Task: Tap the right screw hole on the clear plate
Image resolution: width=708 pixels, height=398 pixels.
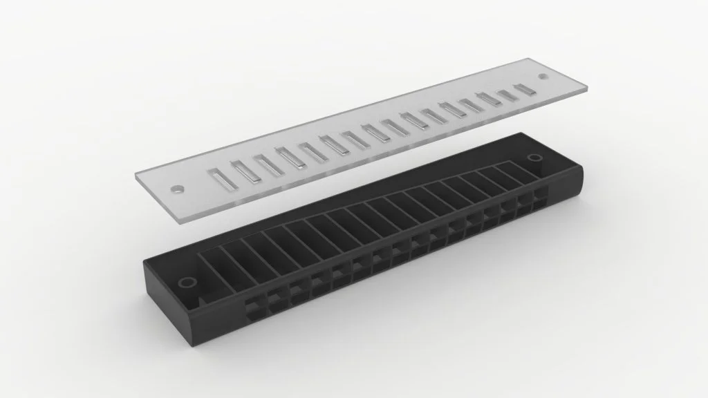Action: point(543,77)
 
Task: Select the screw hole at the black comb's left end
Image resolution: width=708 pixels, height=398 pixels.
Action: point(186,283)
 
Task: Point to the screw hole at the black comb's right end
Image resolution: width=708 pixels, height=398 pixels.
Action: point(534,159)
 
